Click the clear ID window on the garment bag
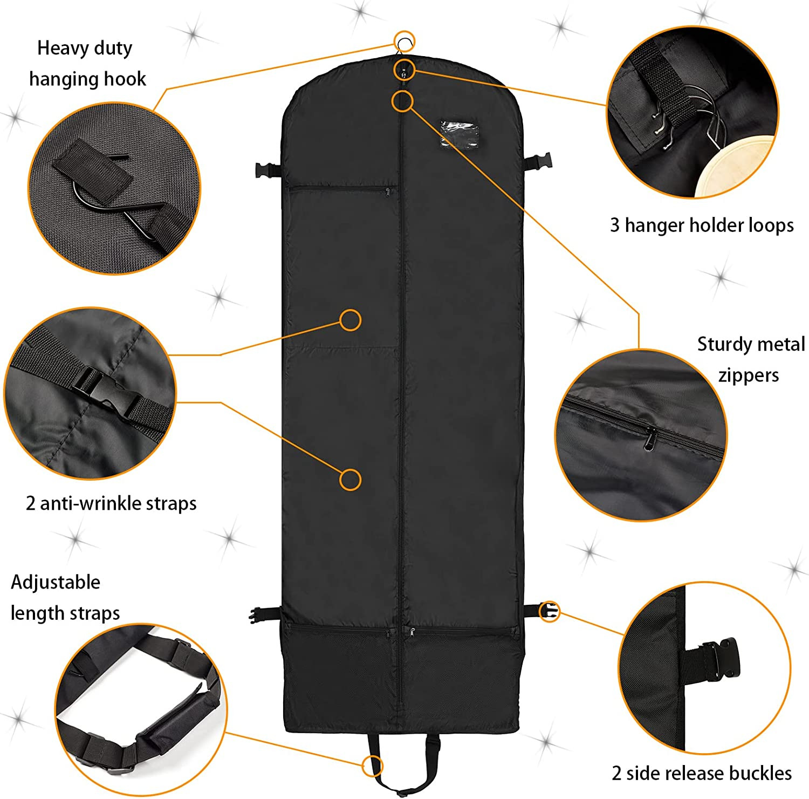coord(459,133)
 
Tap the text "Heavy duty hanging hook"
coord(86,64)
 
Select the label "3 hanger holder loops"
coord(701,225)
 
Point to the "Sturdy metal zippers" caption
coord(750,359)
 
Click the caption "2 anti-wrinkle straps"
coord(111,503)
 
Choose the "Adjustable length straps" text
coord(65,598)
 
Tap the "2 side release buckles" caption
coord(701,773)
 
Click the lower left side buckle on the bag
coord(259,614)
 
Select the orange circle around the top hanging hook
coord(404,42)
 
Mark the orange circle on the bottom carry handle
coord(372,765)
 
